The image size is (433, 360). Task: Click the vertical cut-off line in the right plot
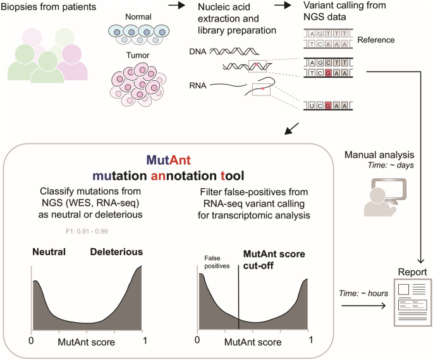point(238,297)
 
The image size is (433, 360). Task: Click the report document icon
point(412,303)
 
